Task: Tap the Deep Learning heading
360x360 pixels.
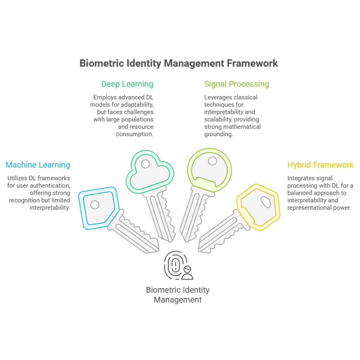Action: (127, 84)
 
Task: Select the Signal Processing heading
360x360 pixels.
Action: (237, 84)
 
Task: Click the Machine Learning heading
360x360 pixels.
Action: (38, 165)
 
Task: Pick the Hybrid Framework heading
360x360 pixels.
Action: (320, 165)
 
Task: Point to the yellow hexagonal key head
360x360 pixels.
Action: (258, 207)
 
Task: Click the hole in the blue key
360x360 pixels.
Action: (95, 205)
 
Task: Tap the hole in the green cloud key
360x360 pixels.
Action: (145, 164)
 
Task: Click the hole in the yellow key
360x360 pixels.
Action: (266, 202)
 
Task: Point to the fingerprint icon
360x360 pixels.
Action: (175, 265)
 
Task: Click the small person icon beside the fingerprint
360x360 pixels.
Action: (187, 273)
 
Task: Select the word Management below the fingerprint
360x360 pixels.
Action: (177, 300)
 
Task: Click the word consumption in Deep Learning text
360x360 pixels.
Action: (135, 134)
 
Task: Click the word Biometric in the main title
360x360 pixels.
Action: (102, 63)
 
